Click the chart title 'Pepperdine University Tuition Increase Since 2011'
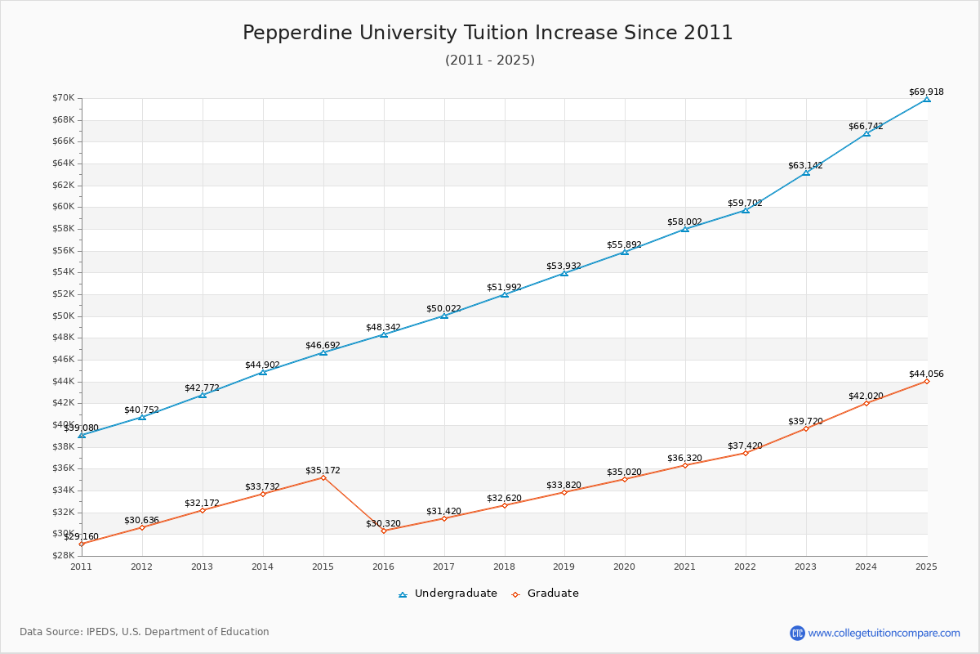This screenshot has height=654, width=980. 488,33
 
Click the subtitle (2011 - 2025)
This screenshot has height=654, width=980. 489,60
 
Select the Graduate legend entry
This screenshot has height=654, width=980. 545,594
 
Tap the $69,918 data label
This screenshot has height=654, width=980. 926,92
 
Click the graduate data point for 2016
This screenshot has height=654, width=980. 383,531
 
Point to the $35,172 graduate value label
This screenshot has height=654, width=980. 323,471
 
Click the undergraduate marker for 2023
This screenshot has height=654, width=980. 806,172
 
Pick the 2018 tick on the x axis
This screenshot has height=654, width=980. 504,566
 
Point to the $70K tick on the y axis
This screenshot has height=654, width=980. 64,98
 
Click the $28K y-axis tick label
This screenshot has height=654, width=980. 64,556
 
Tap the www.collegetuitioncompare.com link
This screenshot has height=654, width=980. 884,633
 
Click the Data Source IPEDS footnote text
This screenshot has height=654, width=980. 145,632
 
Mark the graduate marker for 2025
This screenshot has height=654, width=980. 926,381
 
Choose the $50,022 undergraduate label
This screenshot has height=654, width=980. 443,309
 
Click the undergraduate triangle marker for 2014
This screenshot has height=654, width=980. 262,372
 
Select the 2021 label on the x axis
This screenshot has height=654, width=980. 685,566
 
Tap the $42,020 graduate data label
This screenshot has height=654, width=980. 866,396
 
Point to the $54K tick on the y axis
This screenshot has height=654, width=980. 64,272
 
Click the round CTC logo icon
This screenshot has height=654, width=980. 797,633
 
